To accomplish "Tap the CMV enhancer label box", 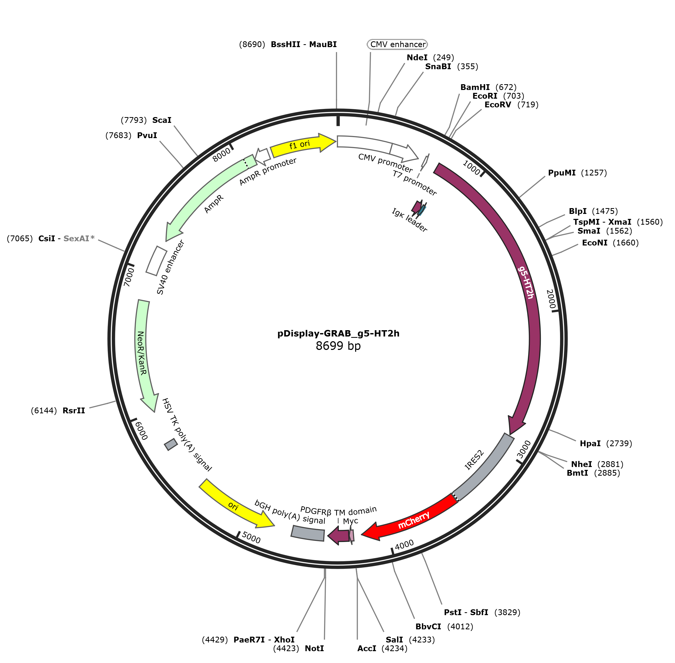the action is click(397, 44).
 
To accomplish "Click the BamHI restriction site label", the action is click(475, 87).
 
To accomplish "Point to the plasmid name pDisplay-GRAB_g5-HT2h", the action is click(338, 333).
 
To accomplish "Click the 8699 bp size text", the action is click(338, 346).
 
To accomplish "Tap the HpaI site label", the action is click(590, 443).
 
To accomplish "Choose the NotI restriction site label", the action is click(314, 648).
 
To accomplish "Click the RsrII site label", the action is click(74, 410).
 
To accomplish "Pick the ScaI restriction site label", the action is click(162, 120).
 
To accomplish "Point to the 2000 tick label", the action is click(550, 299).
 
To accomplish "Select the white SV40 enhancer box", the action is click(156, 261).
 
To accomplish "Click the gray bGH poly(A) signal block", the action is click(308, 533).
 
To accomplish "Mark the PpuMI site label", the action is click(562, 173).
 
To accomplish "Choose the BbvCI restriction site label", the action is click(428, 626).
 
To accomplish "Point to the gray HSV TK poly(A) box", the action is click(171, 444).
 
